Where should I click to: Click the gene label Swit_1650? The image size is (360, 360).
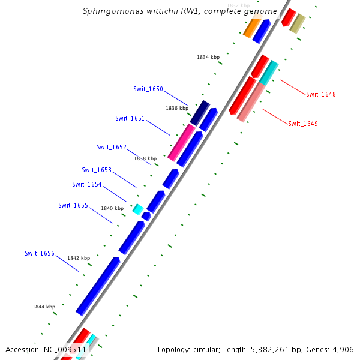pyautogui.click(x=148, y=89)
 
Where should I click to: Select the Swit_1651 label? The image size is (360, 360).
pyautogui.click(x=130, y=118)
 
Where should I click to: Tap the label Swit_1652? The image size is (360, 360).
pyautogui.click(x=112, y=147)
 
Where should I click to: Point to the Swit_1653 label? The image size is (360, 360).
pyautogui.click(x=97, y=170)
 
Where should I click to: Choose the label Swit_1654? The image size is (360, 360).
pyautogui.click(x=87, y=184)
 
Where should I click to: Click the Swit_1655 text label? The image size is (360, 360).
pyautogui.click(x=73, y=205)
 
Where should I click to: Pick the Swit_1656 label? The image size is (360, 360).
pyautogui.click(x=40, y=253)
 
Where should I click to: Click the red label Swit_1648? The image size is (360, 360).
pyautogui.click(x=321, y=94)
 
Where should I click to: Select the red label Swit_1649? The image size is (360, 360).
pyautogui.click(x=303, y=124)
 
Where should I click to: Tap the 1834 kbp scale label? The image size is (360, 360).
pyautogui.click(x=208, y=57)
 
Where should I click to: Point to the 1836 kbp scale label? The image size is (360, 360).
pyautogui.click(x=177, y=108)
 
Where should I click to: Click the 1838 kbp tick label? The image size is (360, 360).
pyautogui.click(x=146, y=158)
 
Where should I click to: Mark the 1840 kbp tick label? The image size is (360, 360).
pyautogui.click(x=112, y=208)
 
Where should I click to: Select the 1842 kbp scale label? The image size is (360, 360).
pyautogui.click(x=79, y=258)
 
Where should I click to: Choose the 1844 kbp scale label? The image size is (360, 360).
pyautogui.click(x=44, y=307)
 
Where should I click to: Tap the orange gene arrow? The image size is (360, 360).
pyautogui.click(x=252, y=28)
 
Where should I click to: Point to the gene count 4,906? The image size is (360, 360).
pyautogui.click(x=343, y=349)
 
